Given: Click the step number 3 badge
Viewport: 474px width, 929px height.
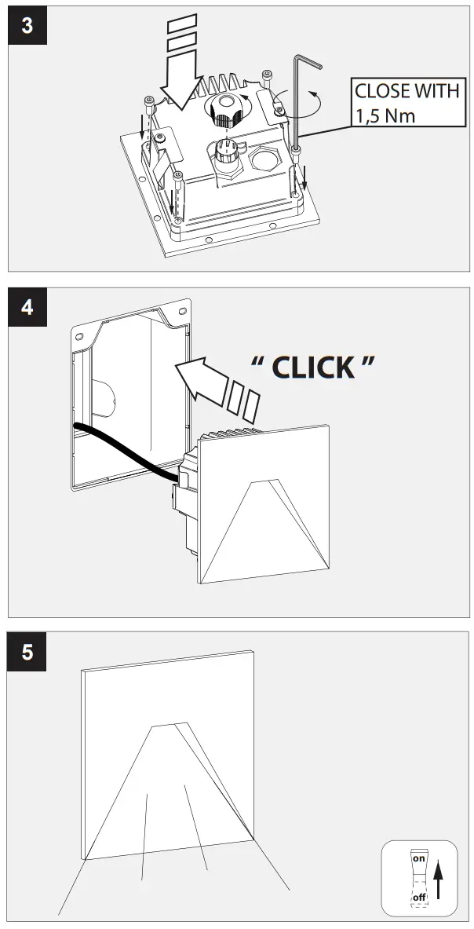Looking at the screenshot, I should pos(27,24).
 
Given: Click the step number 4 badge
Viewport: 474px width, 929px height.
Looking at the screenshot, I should pos(27,306).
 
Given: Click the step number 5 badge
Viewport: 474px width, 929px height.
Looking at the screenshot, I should pos(27,651).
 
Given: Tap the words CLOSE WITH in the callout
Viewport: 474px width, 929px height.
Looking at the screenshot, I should pos(406,90).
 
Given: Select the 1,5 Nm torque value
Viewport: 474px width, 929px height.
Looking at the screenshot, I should pos(385,116).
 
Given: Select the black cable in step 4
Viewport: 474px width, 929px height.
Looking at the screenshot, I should pos(126,449).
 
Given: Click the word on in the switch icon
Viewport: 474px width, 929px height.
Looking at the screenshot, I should pos(418,859).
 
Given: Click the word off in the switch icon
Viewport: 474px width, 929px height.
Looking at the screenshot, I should pos(419,896).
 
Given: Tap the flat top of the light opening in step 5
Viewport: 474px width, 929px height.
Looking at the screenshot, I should pos(169,723).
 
